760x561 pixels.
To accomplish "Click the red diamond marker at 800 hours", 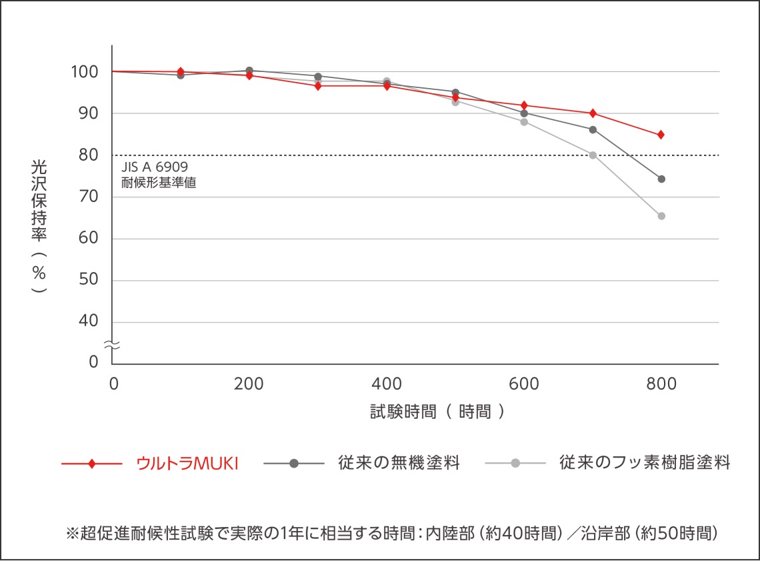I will (x=661, y=135).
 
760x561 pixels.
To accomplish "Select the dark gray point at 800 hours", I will (x=661, y=179).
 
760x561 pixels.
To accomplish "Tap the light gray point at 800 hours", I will (x=661, y=216).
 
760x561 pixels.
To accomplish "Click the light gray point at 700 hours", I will (x=593, y=155).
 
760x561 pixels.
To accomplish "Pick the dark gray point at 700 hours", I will (x=593, y=129).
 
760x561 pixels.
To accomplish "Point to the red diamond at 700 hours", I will (x=593, y=113).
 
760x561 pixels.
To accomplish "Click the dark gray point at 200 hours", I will (x=249, y=71).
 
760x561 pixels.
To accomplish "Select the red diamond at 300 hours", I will (x=318, y=86).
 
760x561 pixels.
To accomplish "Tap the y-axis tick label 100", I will (x=85, y=71).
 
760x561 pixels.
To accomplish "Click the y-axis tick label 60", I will (x=89, y=238).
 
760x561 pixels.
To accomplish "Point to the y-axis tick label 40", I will (x=89, y=322).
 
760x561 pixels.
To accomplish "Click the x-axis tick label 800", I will (x=661, y=384).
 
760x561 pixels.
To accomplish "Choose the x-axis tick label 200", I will (x=249, y=384).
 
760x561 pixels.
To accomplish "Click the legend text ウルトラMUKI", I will (x=187, y=464).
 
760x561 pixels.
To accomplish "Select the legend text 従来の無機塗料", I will (x=399, y=464).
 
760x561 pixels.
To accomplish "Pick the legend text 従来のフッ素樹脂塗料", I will (x=645, y=464).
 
